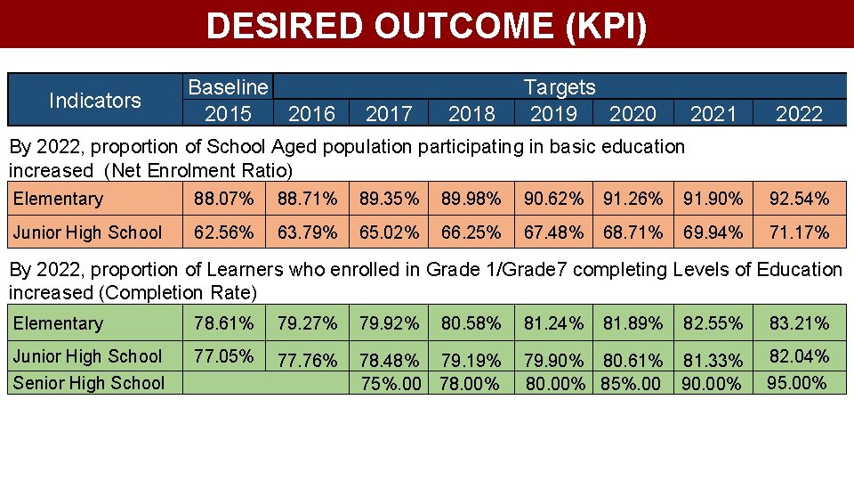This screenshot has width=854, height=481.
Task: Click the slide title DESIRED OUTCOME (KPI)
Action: tap(426, 26)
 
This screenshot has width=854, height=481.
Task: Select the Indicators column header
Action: tap(94, 101)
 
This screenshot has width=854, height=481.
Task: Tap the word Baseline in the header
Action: tap(228, 87)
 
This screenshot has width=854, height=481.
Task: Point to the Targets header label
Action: tap(560, 87)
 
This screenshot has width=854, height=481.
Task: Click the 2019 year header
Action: tap(553, 114)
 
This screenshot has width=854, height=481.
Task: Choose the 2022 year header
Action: tap(799, 114)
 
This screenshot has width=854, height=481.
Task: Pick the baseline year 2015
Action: tap(228, 114)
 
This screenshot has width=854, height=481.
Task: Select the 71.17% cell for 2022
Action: tap(799, 232)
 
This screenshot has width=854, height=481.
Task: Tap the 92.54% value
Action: tap(799, 199)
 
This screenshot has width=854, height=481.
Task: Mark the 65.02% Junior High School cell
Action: tap(390, 232)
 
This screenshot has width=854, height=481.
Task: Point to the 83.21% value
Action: tap(799, 323)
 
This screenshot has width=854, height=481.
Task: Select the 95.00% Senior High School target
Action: tap(797, 383)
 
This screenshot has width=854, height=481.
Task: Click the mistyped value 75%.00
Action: tap(391, 384)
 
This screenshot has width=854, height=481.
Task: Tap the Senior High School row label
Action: tap(89, 383)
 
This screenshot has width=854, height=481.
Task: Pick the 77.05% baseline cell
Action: tap(224, 356)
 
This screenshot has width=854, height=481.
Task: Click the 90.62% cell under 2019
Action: tap(554, 199)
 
